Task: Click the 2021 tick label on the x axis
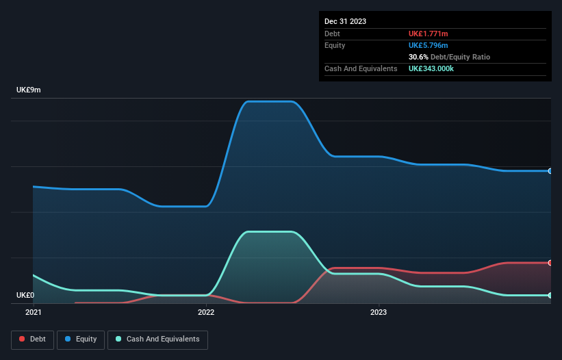[33, 312]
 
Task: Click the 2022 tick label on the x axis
[206, 312]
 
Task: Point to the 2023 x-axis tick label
[379, 312]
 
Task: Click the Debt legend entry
[33, 339]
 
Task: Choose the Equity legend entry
[81, 339]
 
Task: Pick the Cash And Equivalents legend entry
[157, 339]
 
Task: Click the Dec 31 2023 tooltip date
[345, 21]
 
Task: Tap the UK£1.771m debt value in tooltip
[429, 34]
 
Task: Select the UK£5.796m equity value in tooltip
[429, 45]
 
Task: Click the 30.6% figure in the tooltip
[418, 57]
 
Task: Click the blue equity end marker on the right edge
[550, 171]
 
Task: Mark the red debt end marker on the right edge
[550, 263]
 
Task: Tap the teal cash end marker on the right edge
[550, 295]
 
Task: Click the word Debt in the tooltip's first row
[332, 34]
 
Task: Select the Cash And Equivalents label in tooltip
[361, 69]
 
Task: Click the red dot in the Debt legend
[22, 339]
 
